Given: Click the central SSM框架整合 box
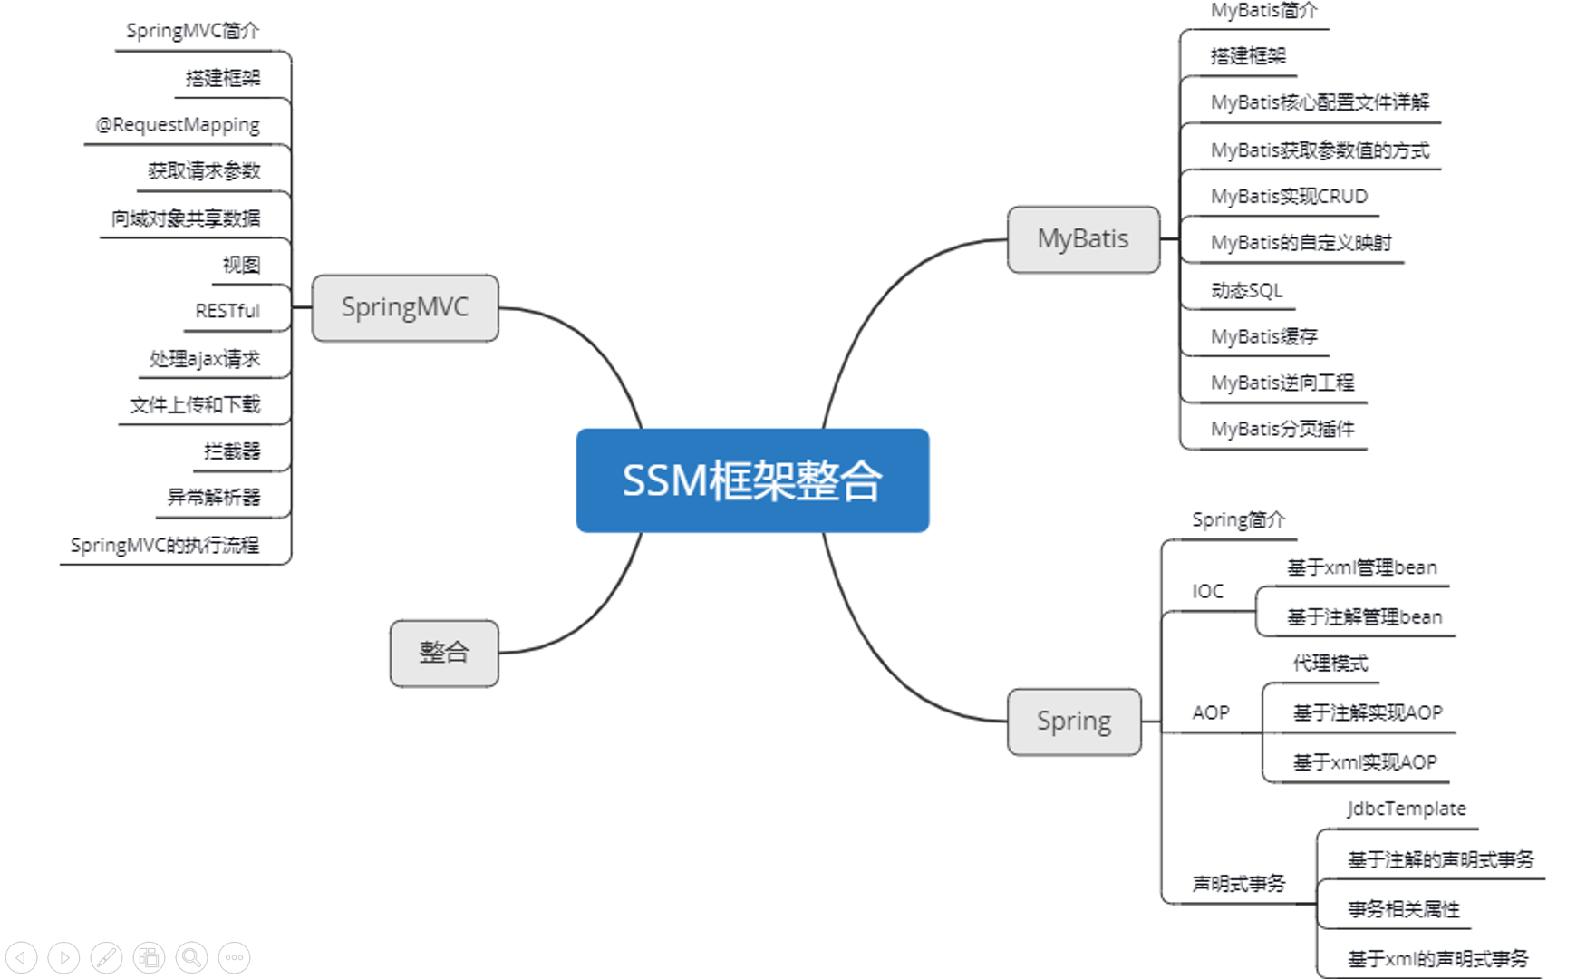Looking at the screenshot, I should (x=752, y=480).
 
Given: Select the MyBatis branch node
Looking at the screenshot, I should (x=1083, y=239).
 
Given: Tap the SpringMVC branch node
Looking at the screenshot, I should (x=405, y=308).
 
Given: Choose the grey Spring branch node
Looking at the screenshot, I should (x=1074, y=722).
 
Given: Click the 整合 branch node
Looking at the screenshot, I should (x=444, y=653).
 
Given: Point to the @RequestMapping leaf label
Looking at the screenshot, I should (x=179, y=125).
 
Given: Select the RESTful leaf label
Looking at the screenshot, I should (x=227, y=311).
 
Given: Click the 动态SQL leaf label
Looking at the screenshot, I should (x=1247, y=290).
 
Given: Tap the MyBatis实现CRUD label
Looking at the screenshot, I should (x=1289, y=197).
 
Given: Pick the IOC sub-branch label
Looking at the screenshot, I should (x=1207, y=592).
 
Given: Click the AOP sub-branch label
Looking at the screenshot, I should (x=1211, y=713).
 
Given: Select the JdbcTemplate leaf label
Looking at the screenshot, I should (x=1406, y=809).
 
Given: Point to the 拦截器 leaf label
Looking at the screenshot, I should (x=232, y=451).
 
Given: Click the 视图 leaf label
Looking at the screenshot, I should (x=241, y=265).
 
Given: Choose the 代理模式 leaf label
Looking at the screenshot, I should (x=1330, y=664).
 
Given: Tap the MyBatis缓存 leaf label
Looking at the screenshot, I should (x=1264, y=337).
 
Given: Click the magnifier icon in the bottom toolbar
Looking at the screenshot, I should (x=191, y=957).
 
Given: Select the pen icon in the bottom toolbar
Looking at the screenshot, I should (x=106, y=957).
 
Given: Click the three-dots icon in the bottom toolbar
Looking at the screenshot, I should (x=235, y=957).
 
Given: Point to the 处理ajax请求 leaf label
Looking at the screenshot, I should (x=205, y=359).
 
